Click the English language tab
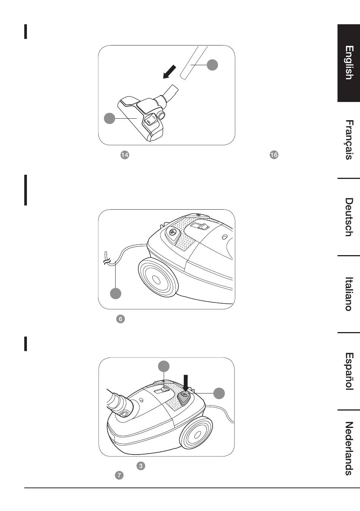[349, 63]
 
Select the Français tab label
[349, 140]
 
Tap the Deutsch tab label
[349, 217]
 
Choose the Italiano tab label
[349, 294]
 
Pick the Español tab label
[349, 371]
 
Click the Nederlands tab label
[349, 448]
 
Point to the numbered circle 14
[125, 155]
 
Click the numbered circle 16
[274, 155]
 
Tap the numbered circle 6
[121, 319]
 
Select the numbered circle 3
[141, 466]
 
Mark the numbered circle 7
[119, 475]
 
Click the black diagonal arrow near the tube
[170, 72]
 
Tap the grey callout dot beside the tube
[212, 65]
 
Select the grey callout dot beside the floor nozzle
[110, 118]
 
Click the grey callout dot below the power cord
[116, 293]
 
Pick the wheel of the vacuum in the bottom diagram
[196, 433]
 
